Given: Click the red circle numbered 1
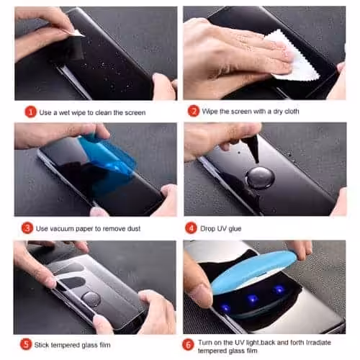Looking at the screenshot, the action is pyautogui.click(x=30, y=112).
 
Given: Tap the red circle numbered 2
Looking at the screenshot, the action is pyautogui.click(x=194, y=111).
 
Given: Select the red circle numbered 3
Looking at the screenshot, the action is pyautogui.click(x=27, y=228).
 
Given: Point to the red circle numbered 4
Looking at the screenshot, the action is pyautogui.click(x=191, y=228).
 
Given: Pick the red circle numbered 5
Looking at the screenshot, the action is pyautogui.click(x=26, y=344).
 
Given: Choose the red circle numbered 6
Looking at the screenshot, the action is pyautogui.click(x=188, y=345).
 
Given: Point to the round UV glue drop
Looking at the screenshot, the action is pyautogui.click(x=260, y=178).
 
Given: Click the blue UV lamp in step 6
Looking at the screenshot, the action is pyautogui.click(x=253, y=271).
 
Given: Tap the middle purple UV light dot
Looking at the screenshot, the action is pyautogui.click(x=253, y=298).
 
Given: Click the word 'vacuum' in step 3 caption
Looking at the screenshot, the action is pyautogui.click(x=60, y=229).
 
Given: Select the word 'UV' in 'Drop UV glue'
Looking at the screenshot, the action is pyautogui.click(x=222, y=228).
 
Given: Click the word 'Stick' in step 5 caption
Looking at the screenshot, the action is pyautogui.click(x=42, y=345).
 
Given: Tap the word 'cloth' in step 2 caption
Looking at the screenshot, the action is pyautogui.click(x=292, y=112).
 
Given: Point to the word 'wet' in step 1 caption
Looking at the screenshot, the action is pyautogui.click(x=65, y=112).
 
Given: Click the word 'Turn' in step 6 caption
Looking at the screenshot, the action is pyautogui.click(x=205, y=342).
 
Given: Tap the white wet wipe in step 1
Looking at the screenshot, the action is pyautogui.click(x=78, y=33).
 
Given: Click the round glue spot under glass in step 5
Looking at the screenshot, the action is pyautogui.click(x=91, y=299).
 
